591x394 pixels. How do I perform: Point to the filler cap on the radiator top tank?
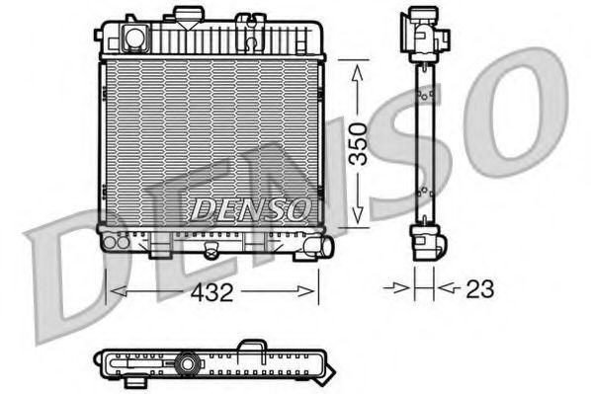[x=183, y=16]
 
